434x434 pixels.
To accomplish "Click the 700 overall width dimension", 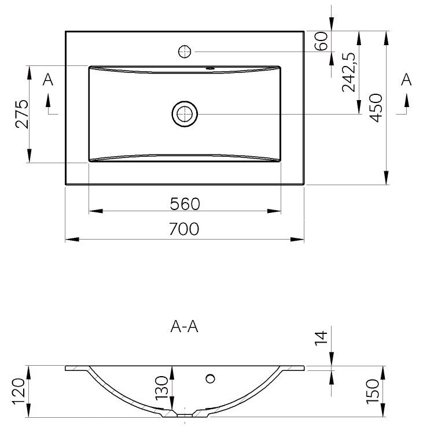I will click(185, 229).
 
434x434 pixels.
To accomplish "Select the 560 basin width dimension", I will click(185, 204).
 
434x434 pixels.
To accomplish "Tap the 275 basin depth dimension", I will click(22, 115).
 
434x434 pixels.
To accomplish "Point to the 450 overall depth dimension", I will click(377, 108).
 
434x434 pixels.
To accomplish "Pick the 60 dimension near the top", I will click(323, 41).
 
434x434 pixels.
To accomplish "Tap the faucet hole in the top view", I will click(185, 51).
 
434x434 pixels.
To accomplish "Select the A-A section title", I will click(185, 328).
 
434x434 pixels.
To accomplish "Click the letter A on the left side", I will click(49, 79).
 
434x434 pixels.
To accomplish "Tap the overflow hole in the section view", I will click(211, 379).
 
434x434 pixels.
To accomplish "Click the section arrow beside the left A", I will click(49, 104).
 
